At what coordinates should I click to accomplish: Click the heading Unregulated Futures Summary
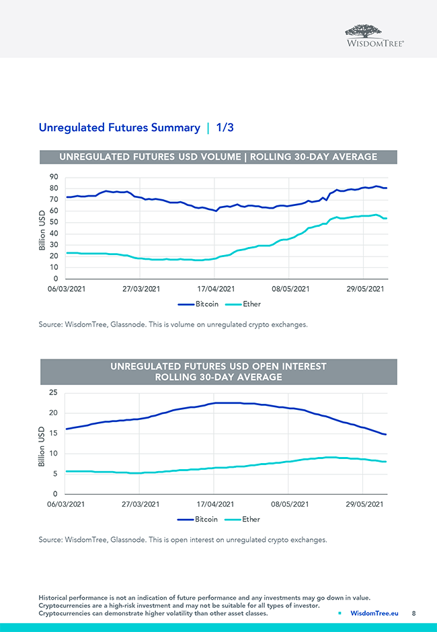119,127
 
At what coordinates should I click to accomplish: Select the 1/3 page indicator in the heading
225,127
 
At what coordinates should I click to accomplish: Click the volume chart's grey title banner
218,157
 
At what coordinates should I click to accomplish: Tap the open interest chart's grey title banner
218,372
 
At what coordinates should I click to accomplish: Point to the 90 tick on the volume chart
53,178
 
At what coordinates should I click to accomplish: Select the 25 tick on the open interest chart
53,392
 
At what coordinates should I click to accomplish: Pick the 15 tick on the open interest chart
53,433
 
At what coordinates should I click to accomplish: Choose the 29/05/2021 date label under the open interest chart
364,504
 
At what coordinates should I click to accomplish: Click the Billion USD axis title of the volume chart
42,230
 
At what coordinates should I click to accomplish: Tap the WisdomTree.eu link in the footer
374,613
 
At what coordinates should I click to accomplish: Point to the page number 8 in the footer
413,613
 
